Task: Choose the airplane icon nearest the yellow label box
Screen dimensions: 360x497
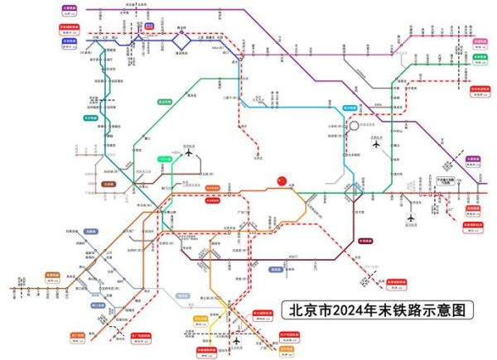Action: pos(239,340)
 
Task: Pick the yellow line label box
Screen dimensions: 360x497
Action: pos(200,319)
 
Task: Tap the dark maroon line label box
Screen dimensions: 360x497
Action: pos(365,241)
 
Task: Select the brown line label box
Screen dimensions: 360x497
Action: pos(109,185)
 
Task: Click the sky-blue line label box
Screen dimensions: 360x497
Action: pos(350,108)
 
